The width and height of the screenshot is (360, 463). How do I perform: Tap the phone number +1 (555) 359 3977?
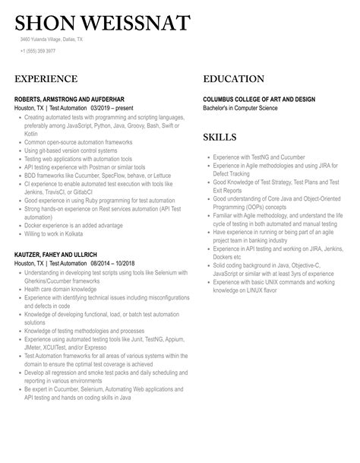click(x=38, y=51)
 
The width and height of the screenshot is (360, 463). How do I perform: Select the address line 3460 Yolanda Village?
click(x=52, y=39)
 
